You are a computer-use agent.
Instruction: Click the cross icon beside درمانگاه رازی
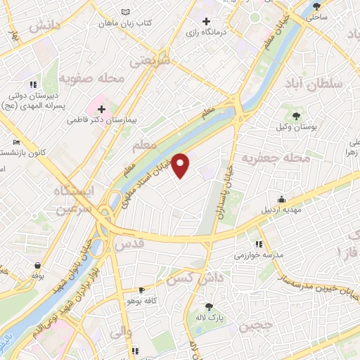point(205,21)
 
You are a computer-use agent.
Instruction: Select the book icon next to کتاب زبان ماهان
point(125,13)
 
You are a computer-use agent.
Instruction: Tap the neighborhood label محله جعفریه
point(276,158)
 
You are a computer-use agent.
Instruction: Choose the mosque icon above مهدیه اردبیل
point(281,199)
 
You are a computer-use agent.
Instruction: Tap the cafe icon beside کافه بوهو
point(141,290)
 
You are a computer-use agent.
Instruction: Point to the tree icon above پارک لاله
point(209,306)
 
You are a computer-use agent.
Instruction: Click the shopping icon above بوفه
point(37,266)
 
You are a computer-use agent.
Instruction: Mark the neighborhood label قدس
point(134,245)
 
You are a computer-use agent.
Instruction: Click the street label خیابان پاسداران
point(225,193)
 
